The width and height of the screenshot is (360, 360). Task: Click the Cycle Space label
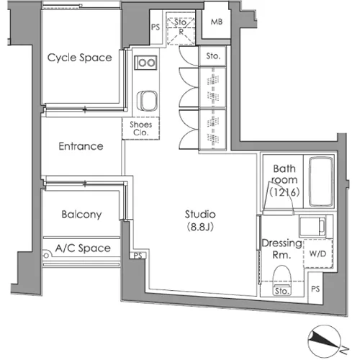point(80,58)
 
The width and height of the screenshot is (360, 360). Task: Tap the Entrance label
point(81,146)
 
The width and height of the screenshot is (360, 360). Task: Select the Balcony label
point(81,215)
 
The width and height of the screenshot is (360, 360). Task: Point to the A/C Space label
point(83,248)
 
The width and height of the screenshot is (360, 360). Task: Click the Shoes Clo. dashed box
point(140,128)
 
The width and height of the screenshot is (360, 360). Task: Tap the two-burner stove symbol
point(145,63)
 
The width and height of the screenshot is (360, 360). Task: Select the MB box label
point(217,22)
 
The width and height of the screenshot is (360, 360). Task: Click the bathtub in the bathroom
point(321,181)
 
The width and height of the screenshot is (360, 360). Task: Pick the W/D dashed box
point(318,253)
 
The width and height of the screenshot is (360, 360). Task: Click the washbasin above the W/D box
point(312,226)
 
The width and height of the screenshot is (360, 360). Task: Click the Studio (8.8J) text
point(200,220)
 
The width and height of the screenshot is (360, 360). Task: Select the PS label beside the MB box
point(156,27)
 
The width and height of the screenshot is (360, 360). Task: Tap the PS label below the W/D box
point(315,289)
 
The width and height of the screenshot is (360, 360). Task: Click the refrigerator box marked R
point(181,28)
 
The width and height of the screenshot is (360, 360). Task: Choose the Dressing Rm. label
point(282,248)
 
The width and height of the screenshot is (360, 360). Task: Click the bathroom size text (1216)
point(284,192)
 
